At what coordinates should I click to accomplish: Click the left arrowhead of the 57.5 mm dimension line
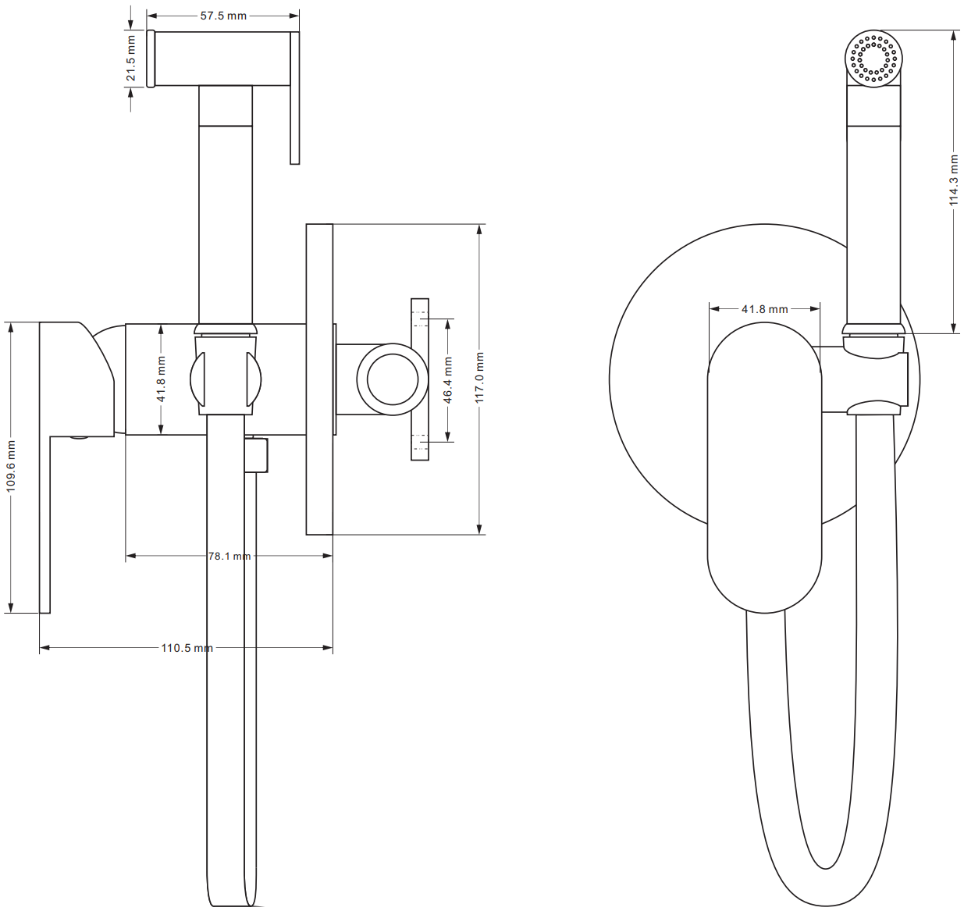tap(148, 16)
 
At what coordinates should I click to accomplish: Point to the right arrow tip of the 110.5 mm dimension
tap(332, 647)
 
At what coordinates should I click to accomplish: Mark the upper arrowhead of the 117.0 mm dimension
tap(479, 226)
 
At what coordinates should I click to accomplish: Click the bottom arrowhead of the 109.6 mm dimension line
tap(11, 612)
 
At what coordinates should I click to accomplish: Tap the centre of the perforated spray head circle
tap(873, 59)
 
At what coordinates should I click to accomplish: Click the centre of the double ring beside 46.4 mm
tap(392, 379)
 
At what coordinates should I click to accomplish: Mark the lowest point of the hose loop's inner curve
tap(825, 869)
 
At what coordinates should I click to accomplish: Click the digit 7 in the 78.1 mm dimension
tap(212, 557)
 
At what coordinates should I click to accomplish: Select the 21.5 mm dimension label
tap(131, 59)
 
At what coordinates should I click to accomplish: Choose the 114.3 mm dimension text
tap(955, 180)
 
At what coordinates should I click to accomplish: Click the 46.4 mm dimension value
tap(447, 380)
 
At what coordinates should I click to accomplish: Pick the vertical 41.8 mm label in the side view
tap(161, 379)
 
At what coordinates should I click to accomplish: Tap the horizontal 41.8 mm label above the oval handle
tap(764, 309)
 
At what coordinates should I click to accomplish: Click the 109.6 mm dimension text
tap(11, 466)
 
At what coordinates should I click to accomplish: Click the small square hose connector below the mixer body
tap(256, 455)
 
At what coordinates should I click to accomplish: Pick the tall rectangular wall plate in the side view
tap(319, 379)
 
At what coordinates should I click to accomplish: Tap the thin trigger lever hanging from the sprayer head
tap(294, 98)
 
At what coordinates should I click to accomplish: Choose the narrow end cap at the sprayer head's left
tap(151, 59)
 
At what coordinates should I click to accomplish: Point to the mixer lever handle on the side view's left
tap(76, 467)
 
